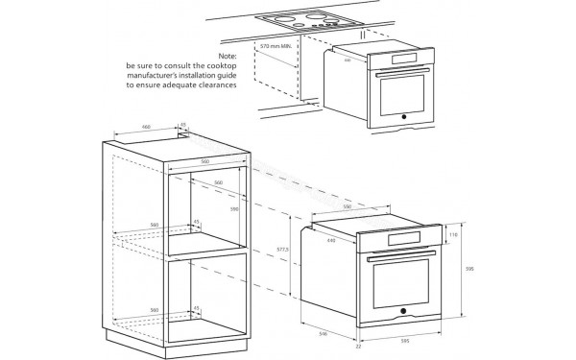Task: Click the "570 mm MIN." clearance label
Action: [277, 45]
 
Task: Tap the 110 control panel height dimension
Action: [454, 233]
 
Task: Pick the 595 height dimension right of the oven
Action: [468, 270]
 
